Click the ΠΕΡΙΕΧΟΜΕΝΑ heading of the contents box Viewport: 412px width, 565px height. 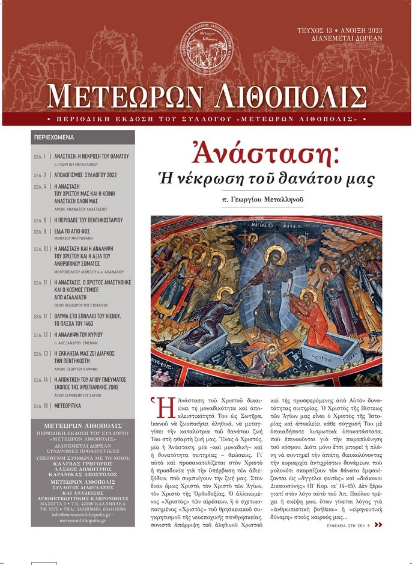coord(54,137)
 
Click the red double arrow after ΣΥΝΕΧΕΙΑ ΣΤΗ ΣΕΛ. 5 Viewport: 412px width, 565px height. coord(378,525)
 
